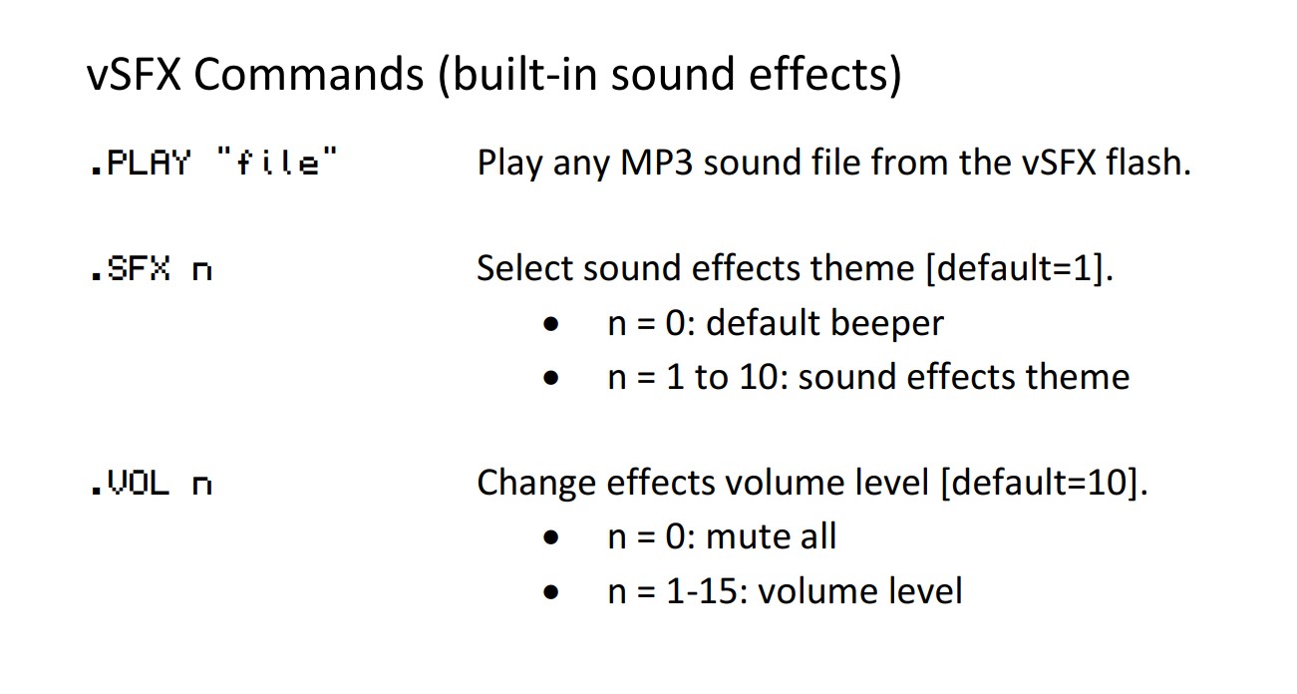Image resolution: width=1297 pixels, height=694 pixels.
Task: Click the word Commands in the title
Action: tap(309, 74)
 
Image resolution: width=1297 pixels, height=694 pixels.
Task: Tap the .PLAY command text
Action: tap(141, 163)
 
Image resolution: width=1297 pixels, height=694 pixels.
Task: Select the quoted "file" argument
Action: tap(277, 161)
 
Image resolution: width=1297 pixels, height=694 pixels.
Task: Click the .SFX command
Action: tap(131, 269)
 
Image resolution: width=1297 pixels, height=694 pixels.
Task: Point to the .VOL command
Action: tap(131, 484)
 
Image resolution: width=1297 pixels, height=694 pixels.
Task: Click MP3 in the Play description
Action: tap(657, 163)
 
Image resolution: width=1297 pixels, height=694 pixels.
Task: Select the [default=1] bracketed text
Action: tap(1019, 268)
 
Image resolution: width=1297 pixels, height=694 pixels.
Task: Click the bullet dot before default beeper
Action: tap(551, 324)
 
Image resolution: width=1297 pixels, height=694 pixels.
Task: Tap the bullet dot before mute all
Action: tap(551, 537)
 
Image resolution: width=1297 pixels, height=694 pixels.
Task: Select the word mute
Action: tap(748, 536)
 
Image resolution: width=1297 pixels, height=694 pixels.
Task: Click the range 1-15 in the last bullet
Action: tap(702, 591)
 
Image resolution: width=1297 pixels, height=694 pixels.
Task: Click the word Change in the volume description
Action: tap(536, 484)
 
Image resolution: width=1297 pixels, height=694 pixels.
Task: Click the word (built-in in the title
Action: tap(517, 76)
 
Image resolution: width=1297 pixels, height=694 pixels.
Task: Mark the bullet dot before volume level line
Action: tap(551, 592)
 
